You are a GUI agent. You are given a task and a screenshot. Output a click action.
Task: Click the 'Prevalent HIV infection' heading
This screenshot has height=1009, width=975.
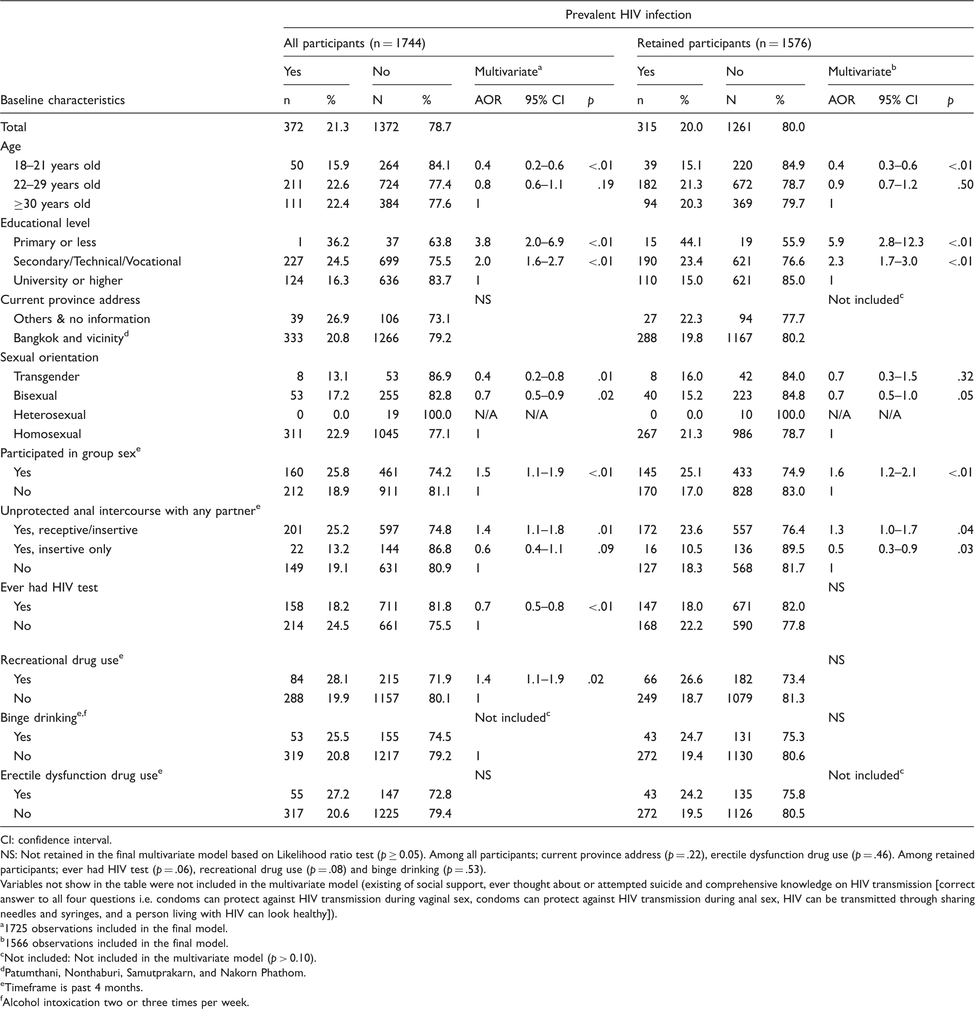[x=628, y=15]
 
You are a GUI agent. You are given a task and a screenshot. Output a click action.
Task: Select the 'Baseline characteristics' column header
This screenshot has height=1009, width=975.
[x=63, y=100]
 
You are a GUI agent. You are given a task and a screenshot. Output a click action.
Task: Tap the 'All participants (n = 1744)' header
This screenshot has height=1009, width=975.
[x=355, y=43]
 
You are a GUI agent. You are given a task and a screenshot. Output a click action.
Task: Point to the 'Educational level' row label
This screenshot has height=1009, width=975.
[x=45, y=223]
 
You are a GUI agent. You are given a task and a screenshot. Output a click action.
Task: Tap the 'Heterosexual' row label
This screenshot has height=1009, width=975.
[x=50, y=415]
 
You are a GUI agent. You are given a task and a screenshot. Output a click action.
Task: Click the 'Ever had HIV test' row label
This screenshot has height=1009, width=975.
[x=49, y=587]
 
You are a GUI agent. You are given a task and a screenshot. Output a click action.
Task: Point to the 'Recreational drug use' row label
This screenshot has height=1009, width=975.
[x=62, y=660]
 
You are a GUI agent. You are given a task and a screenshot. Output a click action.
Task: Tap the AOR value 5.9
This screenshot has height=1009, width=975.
[x=836, y=242]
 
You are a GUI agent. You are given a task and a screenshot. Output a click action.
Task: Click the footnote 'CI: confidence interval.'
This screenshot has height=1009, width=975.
[x=56, y=840]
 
